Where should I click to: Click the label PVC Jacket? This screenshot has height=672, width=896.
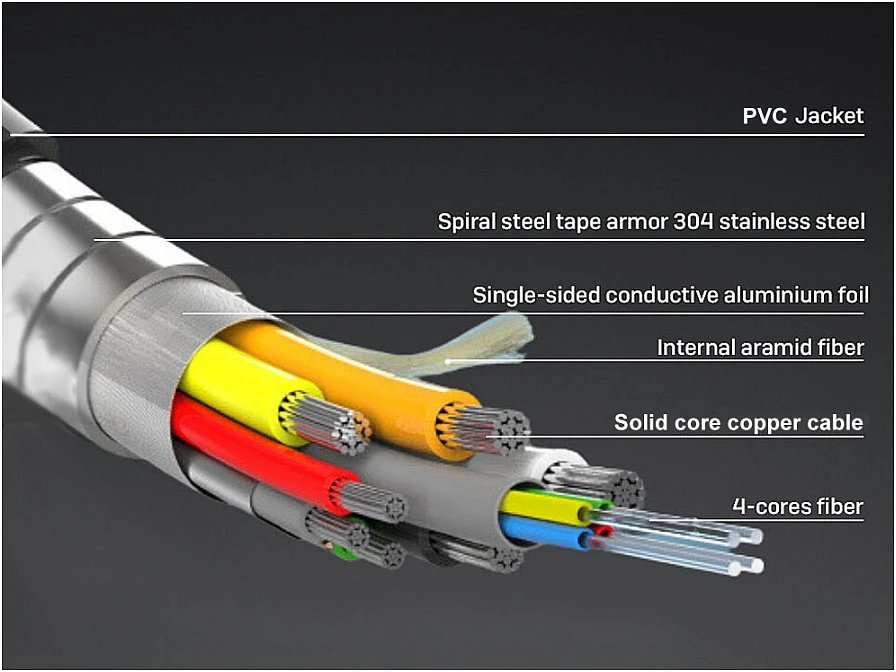803,116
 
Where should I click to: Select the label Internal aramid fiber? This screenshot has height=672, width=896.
760,347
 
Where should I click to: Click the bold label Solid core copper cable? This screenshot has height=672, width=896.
738,423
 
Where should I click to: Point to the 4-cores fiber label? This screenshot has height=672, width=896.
798,506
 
